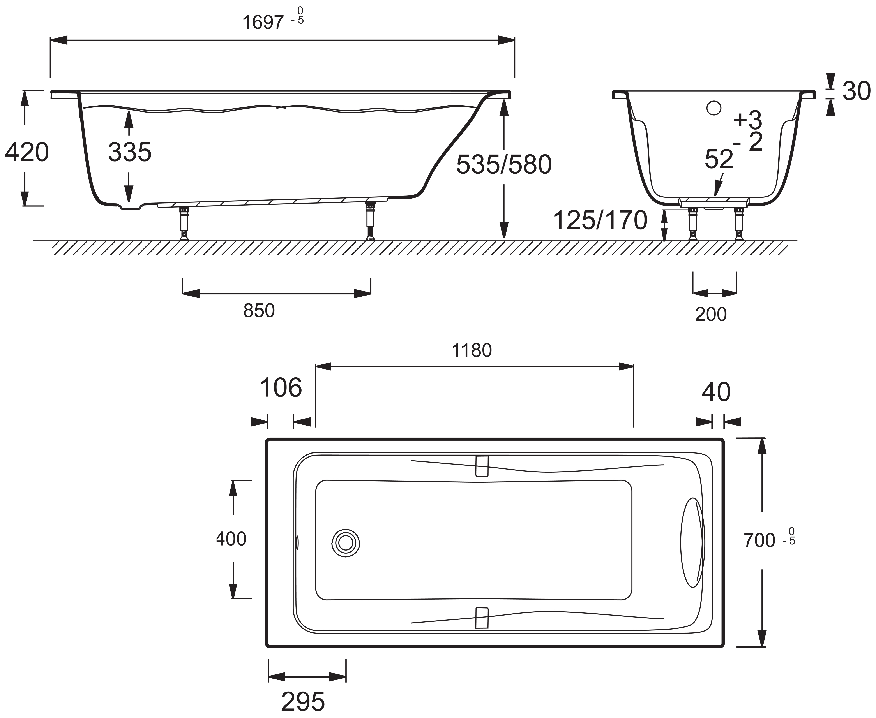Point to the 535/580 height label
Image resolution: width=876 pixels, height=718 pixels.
[504, 165]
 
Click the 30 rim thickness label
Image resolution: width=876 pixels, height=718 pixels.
[856, 92]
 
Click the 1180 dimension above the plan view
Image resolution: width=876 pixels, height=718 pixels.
[472, 351]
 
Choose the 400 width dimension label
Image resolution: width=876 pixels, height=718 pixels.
[231, 539]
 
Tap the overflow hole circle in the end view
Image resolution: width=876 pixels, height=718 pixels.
[714, 108]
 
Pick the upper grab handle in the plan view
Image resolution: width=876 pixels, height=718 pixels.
[482, 466]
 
